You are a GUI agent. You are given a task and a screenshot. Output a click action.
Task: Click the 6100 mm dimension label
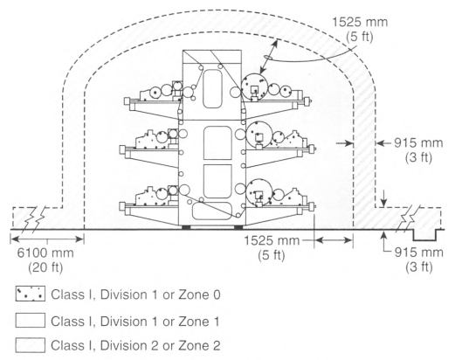(45, 253)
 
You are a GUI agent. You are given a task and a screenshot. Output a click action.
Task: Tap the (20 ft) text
(45, 267)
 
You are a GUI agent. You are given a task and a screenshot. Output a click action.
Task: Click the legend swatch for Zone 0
(31, 294)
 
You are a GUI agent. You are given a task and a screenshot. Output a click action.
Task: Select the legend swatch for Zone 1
(31, 320)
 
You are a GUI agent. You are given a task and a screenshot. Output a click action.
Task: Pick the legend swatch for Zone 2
(31, 345)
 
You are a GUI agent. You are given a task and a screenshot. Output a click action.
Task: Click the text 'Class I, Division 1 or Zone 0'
(135, 294)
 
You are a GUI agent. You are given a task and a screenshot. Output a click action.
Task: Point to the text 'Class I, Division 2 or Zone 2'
(135, 345)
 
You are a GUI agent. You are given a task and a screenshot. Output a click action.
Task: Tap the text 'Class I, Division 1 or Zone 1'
(135, 322)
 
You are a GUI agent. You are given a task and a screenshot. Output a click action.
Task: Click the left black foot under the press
(186, 227)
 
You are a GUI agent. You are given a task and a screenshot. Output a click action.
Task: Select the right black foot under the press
(238, 227)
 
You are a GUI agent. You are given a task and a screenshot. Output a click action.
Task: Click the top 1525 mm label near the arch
(360, 23)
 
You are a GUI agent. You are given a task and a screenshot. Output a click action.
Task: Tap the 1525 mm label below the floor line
(272, 240)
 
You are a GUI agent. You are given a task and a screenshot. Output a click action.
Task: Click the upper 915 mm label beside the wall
(418, 143)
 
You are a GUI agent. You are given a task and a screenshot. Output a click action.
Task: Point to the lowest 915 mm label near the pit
(418, 253)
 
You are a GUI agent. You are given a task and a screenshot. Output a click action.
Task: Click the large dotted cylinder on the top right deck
(255, 87)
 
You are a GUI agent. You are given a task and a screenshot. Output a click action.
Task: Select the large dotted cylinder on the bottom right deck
(259, 192)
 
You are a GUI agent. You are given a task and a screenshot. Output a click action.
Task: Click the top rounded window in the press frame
(213, 88)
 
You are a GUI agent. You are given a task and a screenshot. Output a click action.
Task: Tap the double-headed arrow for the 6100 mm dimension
(47, 239)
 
